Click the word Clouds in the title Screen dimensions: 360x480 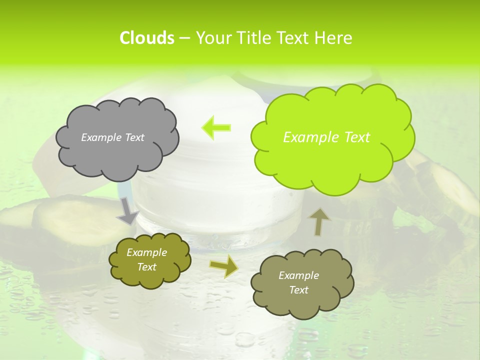pos(146,38)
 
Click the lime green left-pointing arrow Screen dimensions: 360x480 pos(216,127)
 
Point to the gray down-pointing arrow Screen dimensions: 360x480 pos(127,211)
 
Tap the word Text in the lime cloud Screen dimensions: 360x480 pos(353,137)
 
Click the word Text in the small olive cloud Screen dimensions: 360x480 pos(146,267)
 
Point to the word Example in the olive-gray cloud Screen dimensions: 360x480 pos(298,275)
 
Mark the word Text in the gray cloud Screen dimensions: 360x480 pos(134,137)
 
